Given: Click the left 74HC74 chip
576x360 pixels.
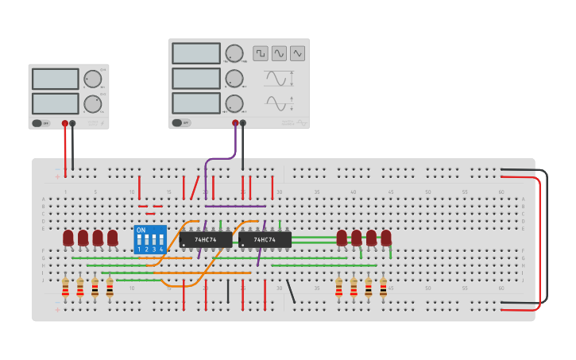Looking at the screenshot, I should click(x=206, y=239).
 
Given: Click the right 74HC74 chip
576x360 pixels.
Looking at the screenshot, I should click(x=265, y=239).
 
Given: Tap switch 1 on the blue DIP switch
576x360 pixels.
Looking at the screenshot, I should click(x=139, y=241).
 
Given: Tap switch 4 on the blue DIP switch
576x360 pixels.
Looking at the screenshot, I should click(x=161, y=241).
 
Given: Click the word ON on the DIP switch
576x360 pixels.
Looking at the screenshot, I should click(x=141, y=230).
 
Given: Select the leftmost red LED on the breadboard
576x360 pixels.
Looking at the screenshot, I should click(x=68, y=238).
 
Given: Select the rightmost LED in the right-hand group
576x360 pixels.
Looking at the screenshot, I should click(x=386, y=238).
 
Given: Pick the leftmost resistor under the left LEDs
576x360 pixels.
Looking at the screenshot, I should click(x=65, y=287).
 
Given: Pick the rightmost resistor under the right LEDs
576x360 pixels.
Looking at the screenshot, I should click(x=383, y=287).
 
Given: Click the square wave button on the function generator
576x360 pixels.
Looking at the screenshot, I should click(x=261, y=53).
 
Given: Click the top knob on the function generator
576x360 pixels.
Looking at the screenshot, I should click(x=234, y=53).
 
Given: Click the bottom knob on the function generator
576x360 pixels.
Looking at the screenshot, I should click(x=234, y=103).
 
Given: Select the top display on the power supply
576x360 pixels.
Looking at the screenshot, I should click(x=55, y=79).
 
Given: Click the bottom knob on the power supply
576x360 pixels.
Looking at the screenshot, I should click(x=93, y=104).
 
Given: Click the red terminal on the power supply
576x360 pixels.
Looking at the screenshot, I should click(x=65, y=123).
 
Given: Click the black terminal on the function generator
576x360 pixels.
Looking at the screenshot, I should click(x=243, y=123).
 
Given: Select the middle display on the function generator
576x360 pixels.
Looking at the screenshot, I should click(x=196, y=78).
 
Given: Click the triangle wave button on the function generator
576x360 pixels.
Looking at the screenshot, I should click(x=297, y=53).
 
